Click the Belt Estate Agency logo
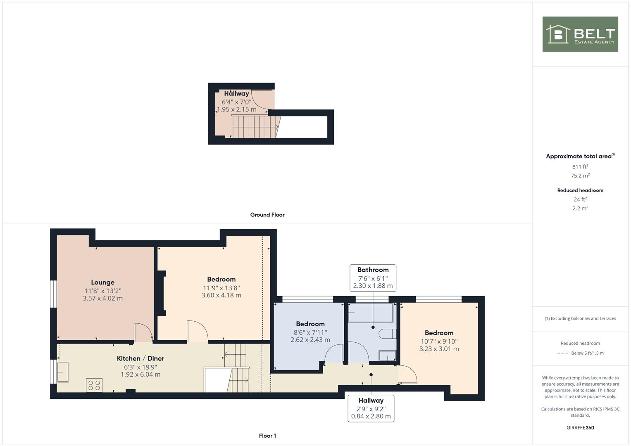[580, 34]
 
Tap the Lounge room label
[102, 282]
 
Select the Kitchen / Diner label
[140, 358]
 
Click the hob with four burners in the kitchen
[94, 385]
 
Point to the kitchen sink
[63, 372]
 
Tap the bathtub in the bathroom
[370, 313]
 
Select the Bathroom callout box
[373, 278]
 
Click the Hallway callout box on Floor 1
[371, 408]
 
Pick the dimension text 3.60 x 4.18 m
[221, 295]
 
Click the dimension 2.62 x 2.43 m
[310, 340]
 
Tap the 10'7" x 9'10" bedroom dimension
[439, 341]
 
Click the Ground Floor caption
[267, 215]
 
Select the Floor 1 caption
[267, 436]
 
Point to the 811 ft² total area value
[580, 167]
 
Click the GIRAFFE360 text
[580, 427]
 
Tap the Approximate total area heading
[580, 156]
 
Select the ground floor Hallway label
[236, 94]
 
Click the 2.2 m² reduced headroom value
[580, 209]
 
